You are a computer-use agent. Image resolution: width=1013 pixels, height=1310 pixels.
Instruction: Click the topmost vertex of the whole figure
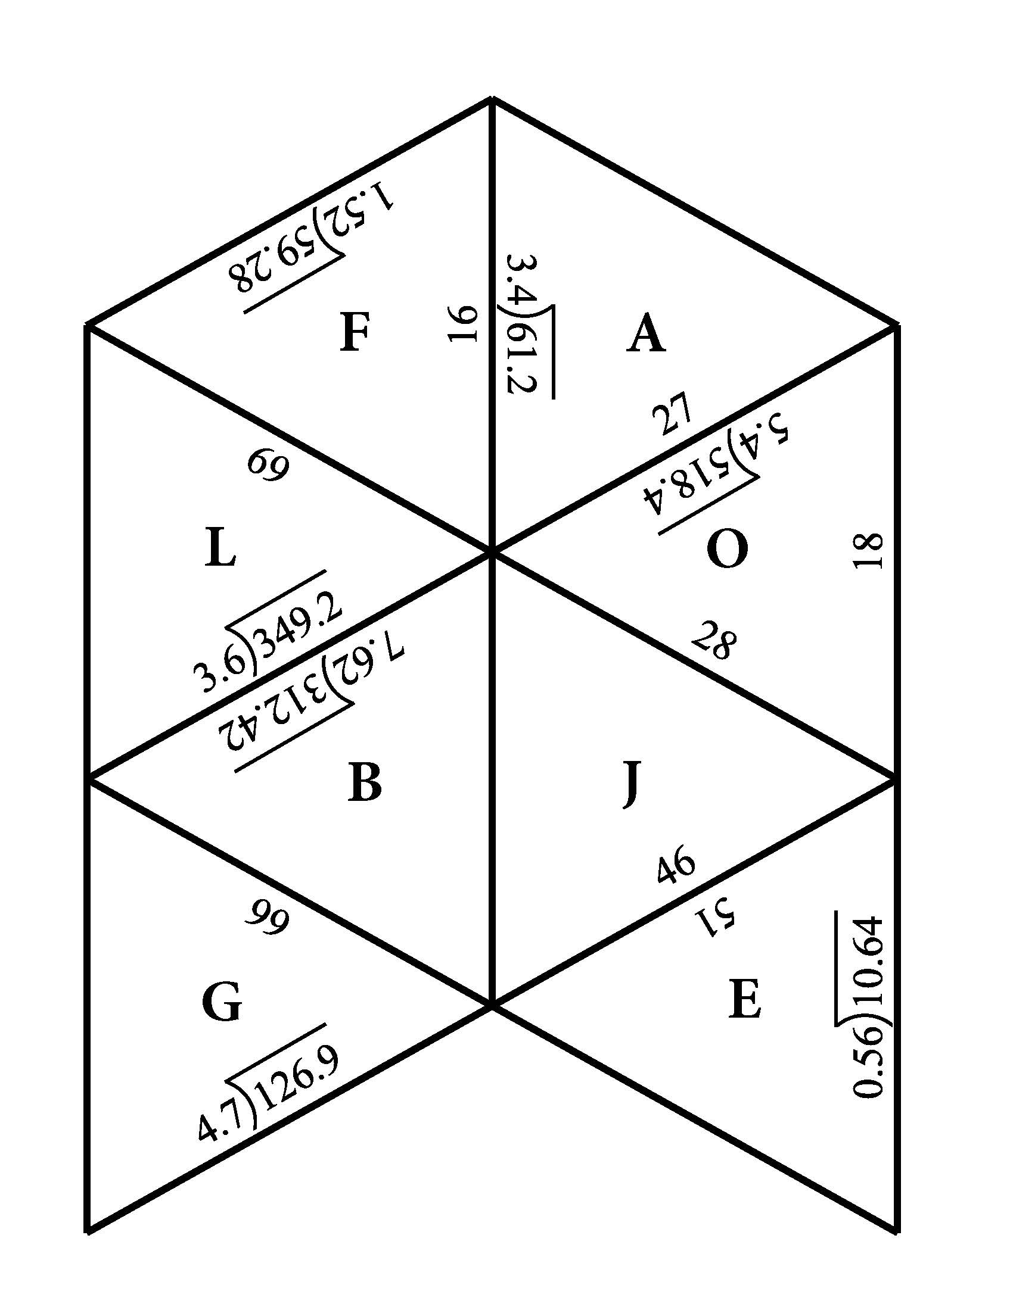(492, 98)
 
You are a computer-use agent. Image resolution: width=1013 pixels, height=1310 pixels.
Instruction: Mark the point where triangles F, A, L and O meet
(492, 551)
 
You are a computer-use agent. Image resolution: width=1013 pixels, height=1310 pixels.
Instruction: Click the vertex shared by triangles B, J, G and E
(492, 1003)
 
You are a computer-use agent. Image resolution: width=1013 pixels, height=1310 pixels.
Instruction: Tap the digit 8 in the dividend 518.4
(684, 492)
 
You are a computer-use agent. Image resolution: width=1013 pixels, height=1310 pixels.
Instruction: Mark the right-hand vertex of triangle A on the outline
(897, 326)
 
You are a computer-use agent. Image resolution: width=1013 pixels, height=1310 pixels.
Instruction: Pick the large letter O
(728, 550)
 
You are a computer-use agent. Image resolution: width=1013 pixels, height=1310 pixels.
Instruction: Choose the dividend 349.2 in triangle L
(299, 626)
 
